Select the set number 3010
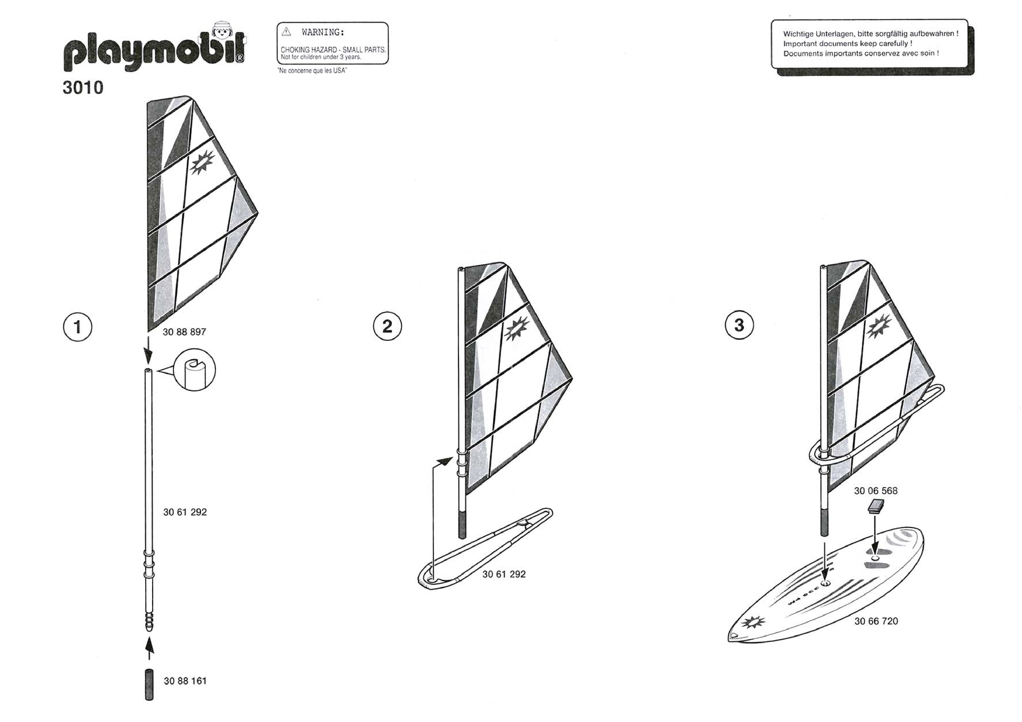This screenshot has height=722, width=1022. (83, 88)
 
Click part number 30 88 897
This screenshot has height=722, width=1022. (184, 332)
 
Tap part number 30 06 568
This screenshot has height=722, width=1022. (875, 491)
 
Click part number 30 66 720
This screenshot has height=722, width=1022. (876, 621)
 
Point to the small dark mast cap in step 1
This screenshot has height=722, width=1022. (149, 684)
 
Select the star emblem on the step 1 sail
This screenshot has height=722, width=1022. (202, 162)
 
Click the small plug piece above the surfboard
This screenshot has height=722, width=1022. (875, 506)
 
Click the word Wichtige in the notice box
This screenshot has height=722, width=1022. (798, 34)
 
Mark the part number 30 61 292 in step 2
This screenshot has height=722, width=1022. (504, 574)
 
